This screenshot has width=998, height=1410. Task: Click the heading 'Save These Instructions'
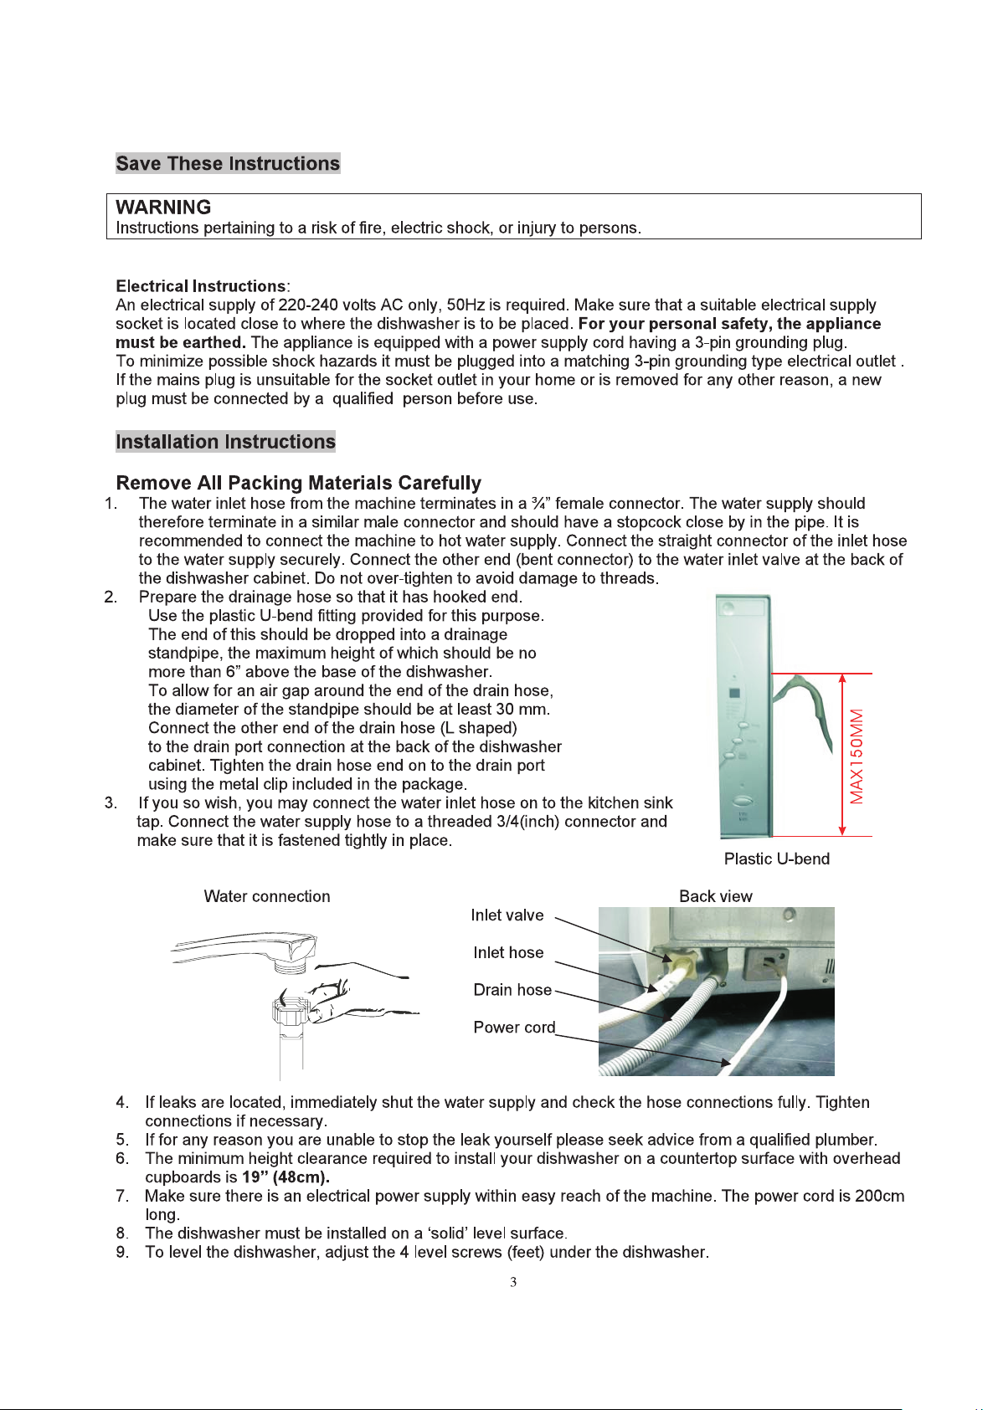point(228,163)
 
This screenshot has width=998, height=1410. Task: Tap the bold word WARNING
point(163,208)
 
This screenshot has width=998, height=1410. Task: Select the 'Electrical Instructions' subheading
point(201,286)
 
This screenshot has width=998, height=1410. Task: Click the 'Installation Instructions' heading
point(225,442)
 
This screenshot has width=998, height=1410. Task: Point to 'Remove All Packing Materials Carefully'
point(298,483)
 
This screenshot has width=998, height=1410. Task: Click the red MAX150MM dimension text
point(857,756)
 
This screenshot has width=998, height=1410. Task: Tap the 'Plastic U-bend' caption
point(776,859)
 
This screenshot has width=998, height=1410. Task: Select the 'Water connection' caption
point(267,896)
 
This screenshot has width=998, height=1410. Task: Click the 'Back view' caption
point(715,896)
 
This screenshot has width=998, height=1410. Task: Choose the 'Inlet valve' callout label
point(507,915)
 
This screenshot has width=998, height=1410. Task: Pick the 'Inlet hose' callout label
point(508,952)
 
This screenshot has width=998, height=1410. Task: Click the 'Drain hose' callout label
point(512,990)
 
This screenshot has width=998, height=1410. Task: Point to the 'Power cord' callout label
point(514,1028)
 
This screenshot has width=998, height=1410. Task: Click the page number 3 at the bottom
point(513,1282)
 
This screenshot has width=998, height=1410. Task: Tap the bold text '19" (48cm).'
point(286,1177)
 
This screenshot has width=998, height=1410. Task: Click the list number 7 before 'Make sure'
point(122,1197)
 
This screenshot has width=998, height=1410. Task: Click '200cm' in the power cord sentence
point(879,1197)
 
